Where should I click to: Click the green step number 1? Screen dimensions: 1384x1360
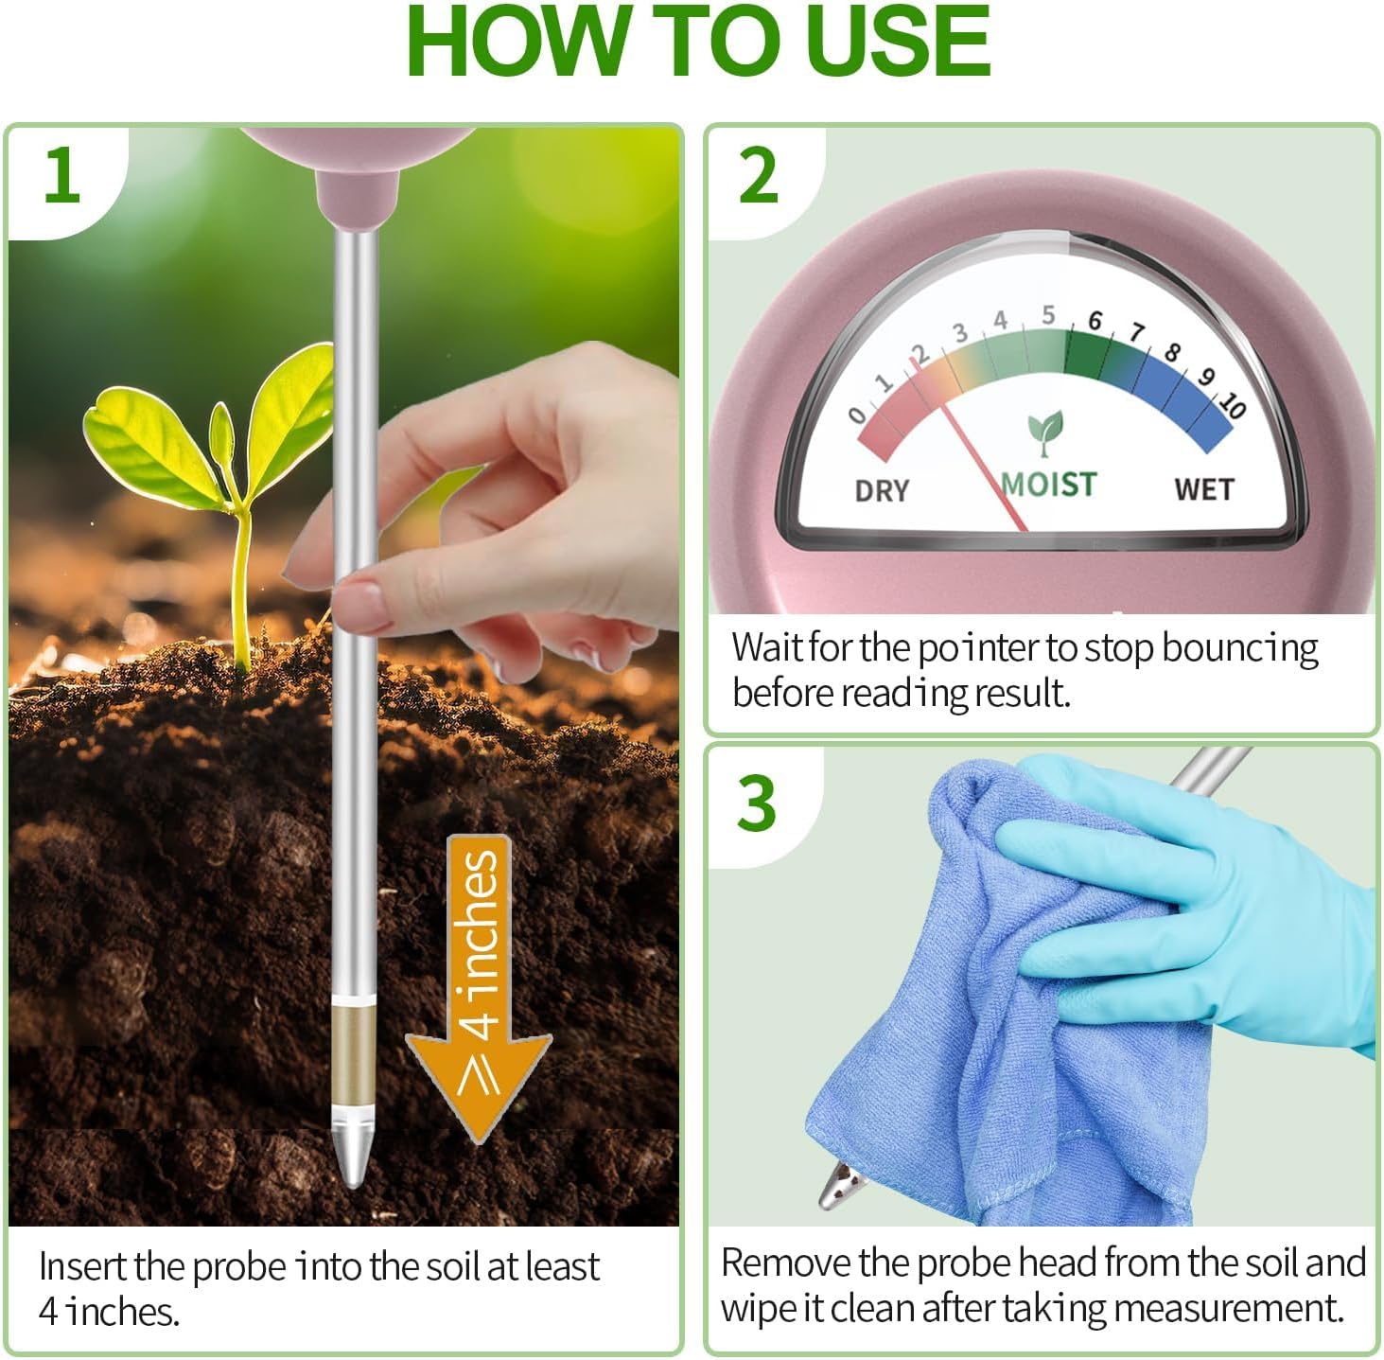[x=61, y=174]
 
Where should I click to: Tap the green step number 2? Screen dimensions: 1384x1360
[x=759, y=175]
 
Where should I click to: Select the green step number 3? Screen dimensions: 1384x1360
[x=756, y=803]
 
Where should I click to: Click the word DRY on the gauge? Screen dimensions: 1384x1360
[x=882, y=491]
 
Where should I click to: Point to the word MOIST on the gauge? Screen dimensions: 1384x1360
[x=1048, y=485]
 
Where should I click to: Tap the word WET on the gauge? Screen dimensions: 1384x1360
[x=1204, y=489]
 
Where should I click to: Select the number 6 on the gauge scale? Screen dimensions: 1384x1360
[x=1095, y=320]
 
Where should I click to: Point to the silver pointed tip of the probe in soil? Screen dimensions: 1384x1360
[x=353, y=1150]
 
